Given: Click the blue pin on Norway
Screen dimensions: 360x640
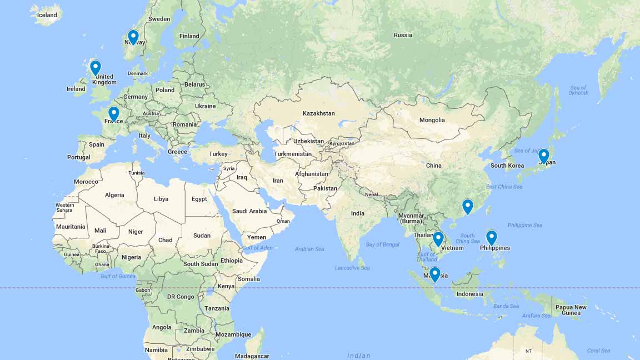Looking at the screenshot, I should coord(133,37).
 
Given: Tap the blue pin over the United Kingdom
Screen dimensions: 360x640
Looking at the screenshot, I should coord(96,67).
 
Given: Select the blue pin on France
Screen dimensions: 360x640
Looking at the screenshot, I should coord(114,113).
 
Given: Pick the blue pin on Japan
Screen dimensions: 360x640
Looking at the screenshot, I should coord(544,156).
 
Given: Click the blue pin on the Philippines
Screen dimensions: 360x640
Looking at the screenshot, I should coord(491,237).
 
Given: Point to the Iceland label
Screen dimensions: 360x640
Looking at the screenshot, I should coord(47,15).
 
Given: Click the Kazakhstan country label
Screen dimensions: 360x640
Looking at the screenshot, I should coord(318,113).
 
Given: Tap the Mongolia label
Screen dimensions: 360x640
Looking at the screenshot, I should coord(432,120).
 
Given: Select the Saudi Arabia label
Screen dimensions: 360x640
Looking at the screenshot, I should coord(249,211).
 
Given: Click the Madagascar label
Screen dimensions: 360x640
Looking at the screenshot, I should coord(252,356).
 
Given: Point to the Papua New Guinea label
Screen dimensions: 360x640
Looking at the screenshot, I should coord(571,310).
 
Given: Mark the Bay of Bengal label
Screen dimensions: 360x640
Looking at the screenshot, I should coord(383,244).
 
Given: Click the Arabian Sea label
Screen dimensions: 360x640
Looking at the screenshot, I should coord(309,249).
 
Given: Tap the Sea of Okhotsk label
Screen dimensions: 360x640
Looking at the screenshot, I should coord(578,90).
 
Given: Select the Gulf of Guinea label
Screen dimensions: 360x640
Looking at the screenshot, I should coord(118,276).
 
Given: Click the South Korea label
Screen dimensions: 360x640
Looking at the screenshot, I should coord(507,166).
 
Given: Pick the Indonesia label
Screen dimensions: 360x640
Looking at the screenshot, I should coord(469,294).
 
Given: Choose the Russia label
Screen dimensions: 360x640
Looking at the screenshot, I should coord(403,35).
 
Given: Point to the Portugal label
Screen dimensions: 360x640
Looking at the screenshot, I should coord(79,157).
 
